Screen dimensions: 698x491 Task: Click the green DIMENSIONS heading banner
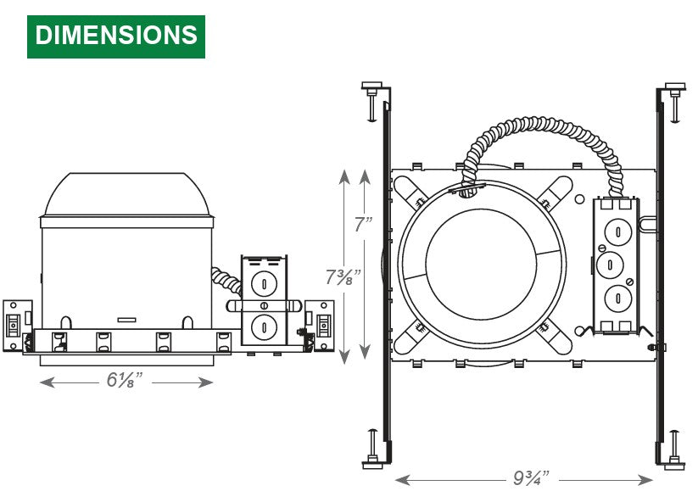click(116, 36)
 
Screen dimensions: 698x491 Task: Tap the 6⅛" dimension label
click(125, 381)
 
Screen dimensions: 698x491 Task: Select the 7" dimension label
click(363, 224)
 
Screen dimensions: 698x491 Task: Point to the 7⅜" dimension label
click(342, 277)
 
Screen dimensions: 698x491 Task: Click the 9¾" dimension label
click(531, 478)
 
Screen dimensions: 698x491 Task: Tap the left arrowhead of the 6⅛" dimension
click(47, 382)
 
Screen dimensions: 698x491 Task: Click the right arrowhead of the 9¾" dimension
click(645, 480)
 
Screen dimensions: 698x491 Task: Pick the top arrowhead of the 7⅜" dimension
click(344, 176)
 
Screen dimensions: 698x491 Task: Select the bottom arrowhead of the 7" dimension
click(365, 352)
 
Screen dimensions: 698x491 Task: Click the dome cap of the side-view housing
click(127, 194)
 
